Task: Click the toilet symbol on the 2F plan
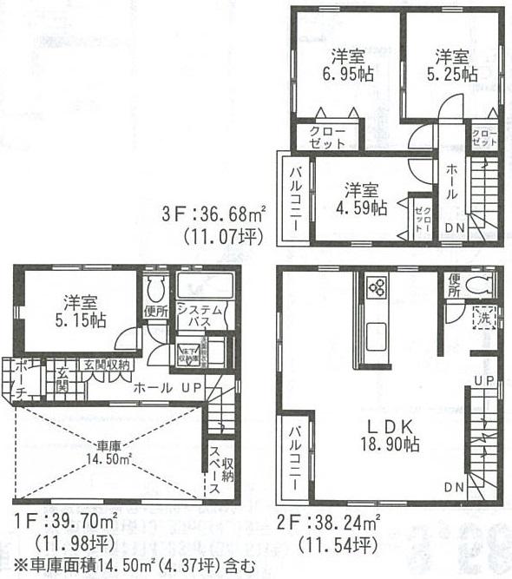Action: pos(480,284)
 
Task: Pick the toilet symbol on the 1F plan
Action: pos(156,287)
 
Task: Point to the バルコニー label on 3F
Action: pos(295,198)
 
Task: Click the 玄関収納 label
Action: pos(108,364)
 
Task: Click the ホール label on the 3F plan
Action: pos(453,183)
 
